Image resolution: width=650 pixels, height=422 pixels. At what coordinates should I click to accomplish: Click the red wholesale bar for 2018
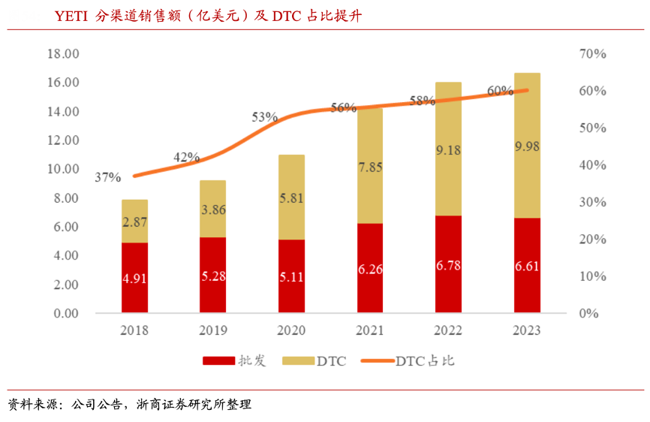134,277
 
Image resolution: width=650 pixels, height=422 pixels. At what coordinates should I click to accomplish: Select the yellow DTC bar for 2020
291,197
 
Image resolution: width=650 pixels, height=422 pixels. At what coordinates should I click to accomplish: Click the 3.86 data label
212,210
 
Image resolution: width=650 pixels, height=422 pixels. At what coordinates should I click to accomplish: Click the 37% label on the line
107,177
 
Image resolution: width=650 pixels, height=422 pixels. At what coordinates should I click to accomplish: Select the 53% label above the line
264,117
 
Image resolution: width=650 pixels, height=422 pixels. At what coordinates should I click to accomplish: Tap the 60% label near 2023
500,91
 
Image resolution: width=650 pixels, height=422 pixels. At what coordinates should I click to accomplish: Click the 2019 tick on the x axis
212,330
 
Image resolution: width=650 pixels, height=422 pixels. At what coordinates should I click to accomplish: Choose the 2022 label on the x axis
448,330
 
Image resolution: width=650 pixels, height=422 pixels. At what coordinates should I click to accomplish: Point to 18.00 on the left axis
63,54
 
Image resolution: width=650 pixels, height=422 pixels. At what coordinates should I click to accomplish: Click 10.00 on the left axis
63,169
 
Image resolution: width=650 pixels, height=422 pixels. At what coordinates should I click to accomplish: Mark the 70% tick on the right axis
592,54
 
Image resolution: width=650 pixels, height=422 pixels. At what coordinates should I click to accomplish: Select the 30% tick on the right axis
592,202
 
